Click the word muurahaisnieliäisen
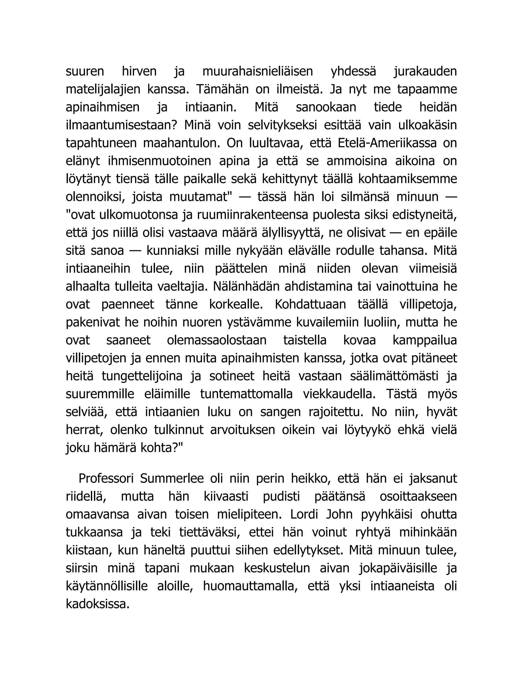(257, 71)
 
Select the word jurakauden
(425, 71)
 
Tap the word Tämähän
(222, 90)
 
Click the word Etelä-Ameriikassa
(387, 143)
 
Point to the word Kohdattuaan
(310, 305)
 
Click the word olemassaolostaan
(217, 341)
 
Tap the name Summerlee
(172, 479)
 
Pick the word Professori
(106, 479)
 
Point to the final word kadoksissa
(97, 605)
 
